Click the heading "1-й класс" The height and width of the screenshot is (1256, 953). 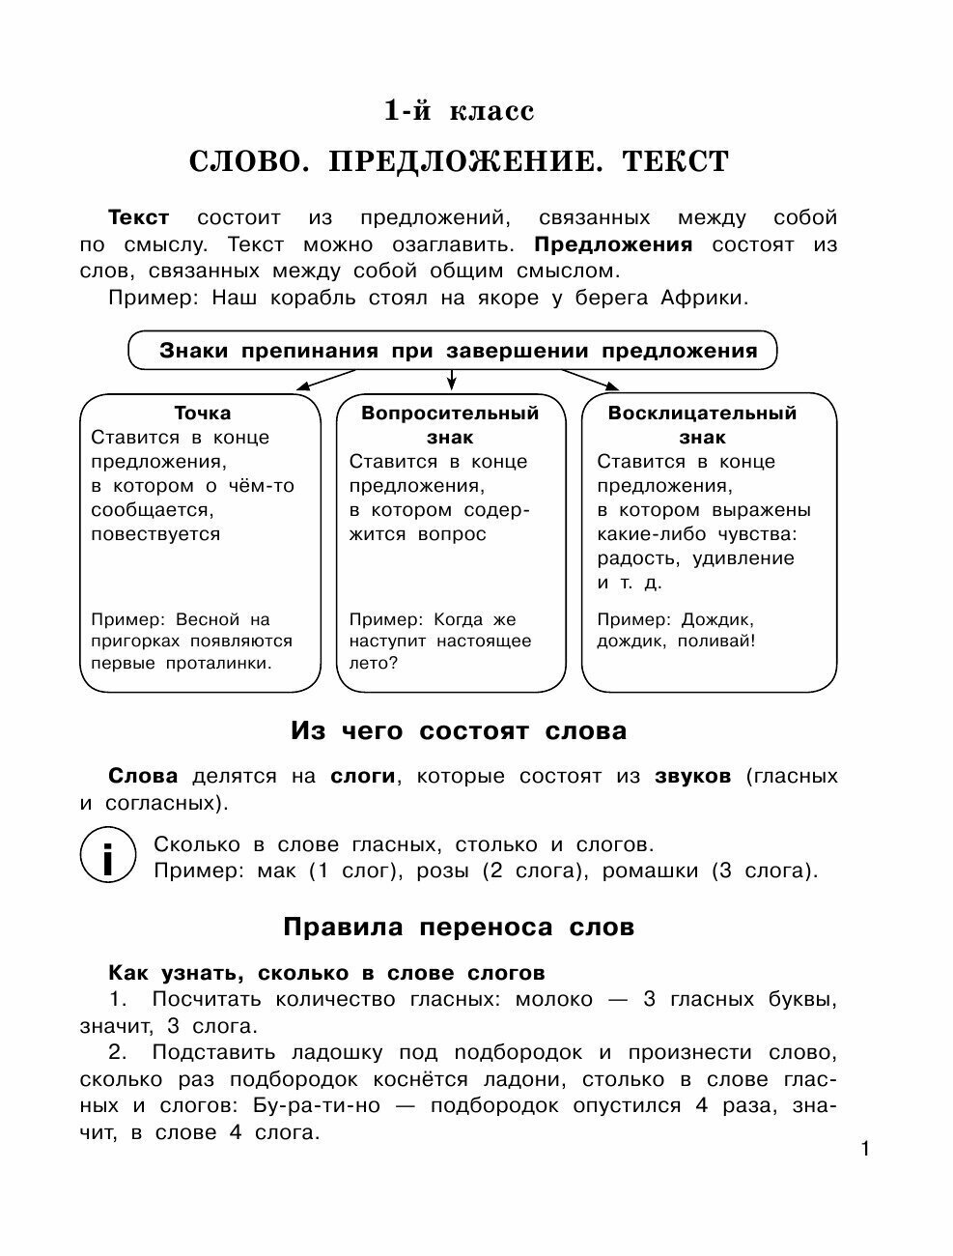(459, 111)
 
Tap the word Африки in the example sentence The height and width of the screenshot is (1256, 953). (704, 298)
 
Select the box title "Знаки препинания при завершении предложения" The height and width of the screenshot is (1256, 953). (458, 351)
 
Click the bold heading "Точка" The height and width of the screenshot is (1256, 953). (202, 413)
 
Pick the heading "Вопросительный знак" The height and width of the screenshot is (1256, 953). (450, 424)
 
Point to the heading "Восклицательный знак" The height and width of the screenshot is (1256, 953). (702, 424)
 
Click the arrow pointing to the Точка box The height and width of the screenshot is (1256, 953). (319, 381)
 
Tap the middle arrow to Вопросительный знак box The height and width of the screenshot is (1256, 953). (450, 379)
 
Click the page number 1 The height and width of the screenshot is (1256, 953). (865, 1149)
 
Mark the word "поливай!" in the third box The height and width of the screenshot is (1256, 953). (715, 641)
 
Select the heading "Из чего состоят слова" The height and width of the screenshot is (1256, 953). (459, 731)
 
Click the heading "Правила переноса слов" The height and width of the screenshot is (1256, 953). (459, 928)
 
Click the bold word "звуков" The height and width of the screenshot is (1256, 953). (692, 776)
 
